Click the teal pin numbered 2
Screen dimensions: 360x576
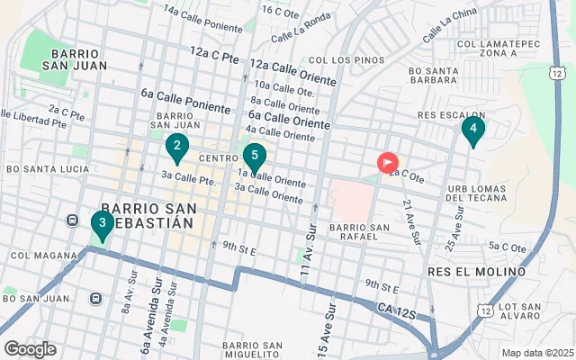pos(177,147)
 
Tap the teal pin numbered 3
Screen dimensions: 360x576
pos(102,223)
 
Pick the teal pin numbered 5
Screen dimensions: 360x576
pos(255,157)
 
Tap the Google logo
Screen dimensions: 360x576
pos(30,349)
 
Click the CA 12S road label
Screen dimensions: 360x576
pos(396,310)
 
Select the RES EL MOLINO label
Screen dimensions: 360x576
pos(476,271)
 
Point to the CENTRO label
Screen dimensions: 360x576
pos(217,158)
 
